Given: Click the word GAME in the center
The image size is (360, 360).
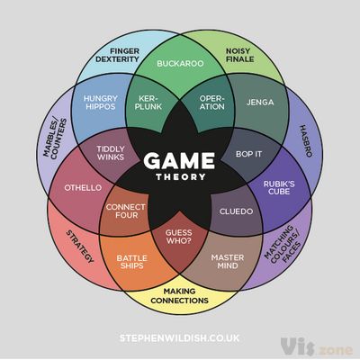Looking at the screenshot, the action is click(x=179, y=160).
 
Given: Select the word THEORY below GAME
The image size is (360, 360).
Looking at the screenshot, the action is click(x=181, y=177).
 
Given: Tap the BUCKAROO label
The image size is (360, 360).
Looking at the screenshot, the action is click(x=180, y=64).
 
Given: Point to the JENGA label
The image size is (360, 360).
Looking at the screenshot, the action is click(x=260, y=103).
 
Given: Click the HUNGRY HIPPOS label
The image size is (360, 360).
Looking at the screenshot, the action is click(x=101, y=103).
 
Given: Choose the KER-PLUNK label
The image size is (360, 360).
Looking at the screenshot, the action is click(x=148, y=103).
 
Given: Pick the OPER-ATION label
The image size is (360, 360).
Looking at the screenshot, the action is click(x=211, y=103).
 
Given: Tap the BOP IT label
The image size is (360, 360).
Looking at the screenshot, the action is click(x=248, y=154).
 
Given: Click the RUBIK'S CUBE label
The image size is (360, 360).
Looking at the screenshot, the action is click(x=279, y=188).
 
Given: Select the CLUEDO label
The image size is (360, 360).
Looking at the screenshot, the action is click(x=236, y=211).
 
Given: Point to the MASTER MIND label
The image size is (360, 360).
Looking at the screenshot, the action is click(x=228, y=262).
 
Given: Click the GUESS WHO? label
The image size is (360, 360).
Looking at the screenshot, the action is click(x=178, y=237).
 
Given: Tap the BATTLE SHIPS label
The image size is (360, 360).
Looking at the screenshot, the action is click(x=132, y=262).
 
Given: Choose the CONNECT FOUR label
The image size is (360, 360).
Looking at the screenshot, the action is click(x=126, y=211).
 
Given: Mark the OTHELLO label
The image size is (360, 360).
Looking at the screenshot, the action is click(x=83, y=188).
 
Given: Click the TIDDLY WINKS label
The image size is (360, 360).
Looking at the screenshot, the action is click(x=111, y=153).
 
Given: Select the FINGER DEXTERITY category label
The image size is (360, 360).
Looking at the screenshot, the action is click(x=117, y=55).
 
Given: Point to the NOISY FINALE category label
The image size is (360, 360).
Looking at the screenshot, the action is click(x=239, y=55).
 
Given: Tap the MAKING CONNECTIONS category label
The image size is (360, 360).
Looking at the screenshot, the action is click(x=179, y=296).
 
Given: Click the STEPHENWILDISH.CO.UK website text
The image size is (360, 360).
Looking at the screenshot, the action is click(x=179, y=338).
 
